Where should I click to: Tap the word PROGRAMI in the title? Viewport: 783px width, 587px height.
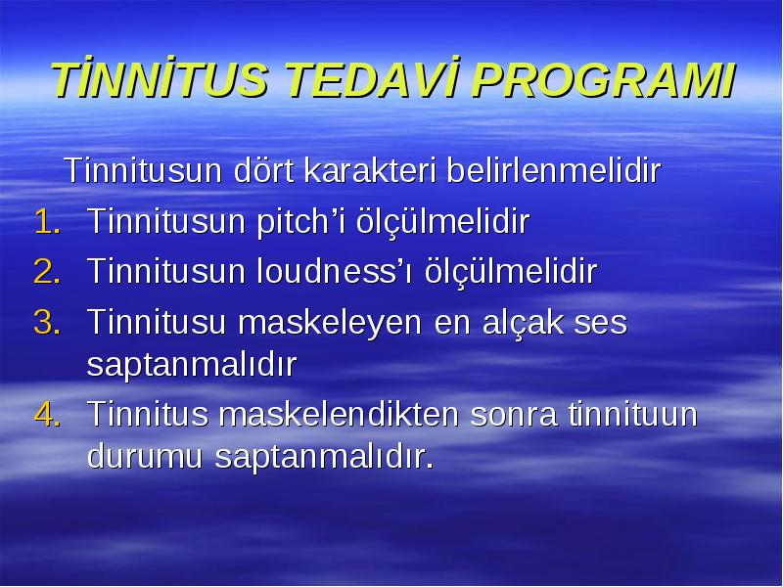(603, 80)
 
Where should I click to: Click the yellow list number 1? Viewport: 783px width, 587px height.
(47, 222)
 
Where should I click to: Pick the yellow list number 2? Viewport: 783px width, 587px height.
(47, 272)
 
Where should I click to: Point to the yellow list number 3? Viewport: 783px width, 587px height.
(47, 323)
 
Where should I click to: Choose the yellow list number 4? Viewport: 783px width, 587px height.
(47, 414)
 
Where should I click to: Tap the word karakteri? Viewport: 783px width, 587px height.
(369, 170)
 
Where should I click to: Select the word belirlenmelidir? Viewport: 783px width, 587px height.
(553, 170)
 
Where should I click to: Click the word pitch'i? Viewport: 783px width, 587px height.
(300, 222)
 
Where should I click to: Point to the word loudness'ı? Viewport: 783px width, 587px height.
(335, 272)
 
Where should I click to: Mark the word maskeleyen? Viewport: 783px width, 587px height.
(330, 323)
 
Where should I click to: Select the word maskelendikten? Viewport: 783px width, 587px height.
(339, 414)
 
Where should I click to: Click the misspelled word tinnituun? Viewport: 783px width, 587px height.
(632, 414)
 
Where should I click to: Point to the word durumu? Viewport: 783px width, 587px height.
(144, 456)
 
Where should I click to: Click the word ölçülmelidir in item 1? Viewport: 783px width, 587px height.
(442, 222)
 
